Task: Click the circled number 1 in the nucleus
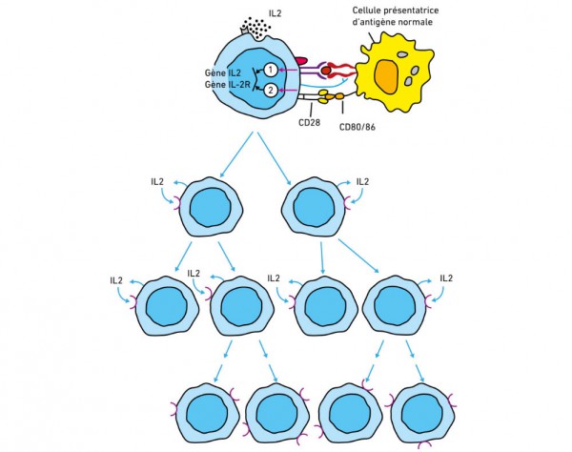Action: [271, 70]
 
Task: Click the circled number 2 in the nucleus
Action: [271, 90]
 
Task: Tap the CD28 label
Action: [309, 123]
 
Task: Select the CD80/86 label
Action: [357, 128]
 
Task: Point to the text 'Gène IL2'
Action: [222, 73]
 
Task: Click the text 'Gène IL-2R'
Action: [228, 85]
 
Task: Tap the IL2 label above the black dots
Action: [276, 13]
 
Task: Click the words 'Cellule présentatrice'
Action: [396, 10]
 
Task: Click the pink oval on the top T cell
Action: [301, 61]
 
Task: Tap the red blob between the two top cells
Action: [326, 70]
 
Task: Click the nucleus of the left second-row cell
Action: [211, 208]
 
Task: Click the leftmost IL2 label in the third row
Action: [116, 280]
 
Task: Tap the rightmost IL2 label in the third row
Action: [446, 278]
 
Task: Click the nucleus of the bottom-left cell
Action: [207, 415]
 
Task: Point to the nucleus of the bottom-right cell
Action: [422, 415]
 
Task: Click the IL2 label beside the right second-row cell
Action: [362, 182]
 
